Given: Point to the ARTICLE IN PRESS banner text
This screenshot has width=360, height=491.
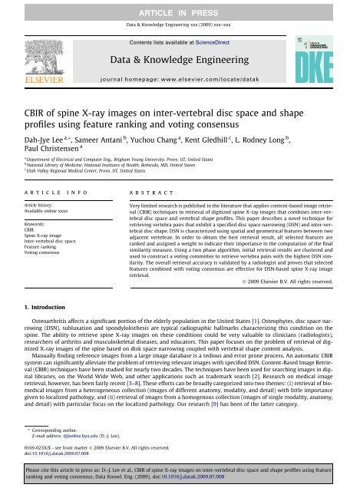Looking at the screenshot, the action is (x=180, y=7).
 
